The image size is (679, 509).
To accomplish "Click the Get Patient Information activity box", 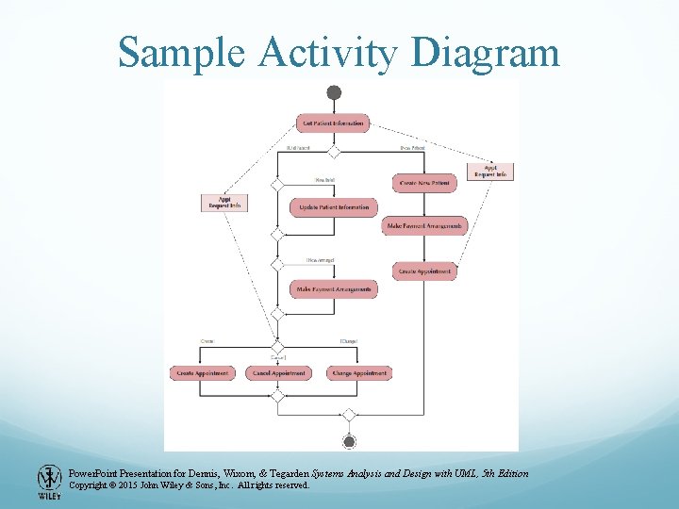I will (333, 123).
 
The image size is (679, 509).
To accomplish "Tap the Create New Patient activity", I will (423, 182).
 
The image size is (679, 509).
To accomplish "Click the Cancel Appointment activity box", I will (280, 373).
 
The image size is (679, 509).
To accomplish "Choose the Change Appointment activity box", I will (359, 373).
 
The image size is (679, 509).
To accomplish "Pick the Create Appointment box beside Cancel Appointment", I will (203, 373).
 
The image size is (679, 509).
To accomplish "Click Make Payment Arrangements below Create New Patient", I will (424, 226).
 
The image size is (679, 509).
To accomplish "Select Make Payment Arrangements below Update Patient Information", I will (334, 288).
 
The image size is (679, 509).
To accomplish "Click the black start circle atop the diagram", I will (334, 92).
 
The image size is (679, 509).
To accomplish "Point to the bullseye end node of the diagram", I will (349, 441).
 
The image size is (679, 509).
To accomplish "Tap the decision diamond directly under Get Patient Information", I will (333, 150).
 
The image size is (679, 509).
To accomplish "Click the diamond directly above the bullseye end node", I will (349, 415).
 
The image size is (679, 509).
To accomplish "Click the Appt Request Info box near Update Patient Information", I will (224, 202).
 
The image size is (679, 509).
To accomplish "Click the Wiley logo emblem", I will (49, 481).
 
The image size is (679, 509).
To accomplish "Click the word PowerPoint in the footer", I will (96, 472).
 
